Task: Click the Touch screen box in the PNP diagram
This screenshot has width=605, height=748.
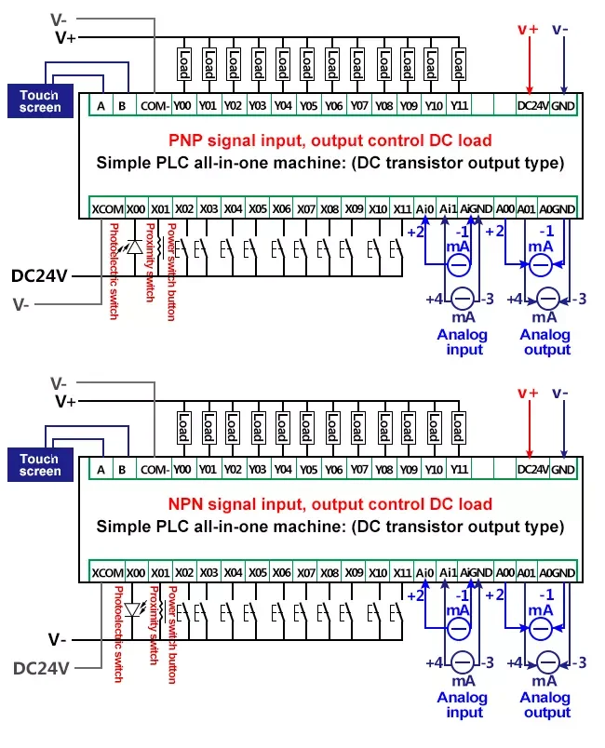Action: coord(40,100)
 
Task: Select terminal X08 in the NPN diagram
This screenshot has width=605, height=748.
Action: coord(329,571)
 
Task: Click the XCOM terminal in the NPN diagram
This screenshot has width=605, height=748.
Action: coord(106,571)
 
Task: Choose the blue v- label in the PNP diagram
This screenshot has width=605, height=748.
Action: coord(561,29)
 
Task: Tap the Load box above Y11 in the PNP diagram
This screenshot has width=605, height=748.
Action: coord(459,64)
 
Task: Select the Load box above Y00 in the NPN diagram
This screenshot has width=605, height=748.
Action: coord(183,428)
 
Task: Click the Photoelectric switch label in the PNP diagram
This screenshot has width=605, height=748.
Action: coord(114,271)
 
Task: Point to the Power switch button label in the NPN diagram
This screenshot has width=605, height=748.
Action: coord(171,634)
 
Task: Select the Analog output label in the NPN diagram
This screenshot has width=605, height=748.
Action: coord(545,705)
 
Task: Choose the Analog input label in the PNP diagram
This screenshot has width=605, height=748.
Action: coord(463,342)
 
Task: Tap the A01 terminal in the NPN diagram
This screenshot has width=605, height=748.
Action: coord(528,571)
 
